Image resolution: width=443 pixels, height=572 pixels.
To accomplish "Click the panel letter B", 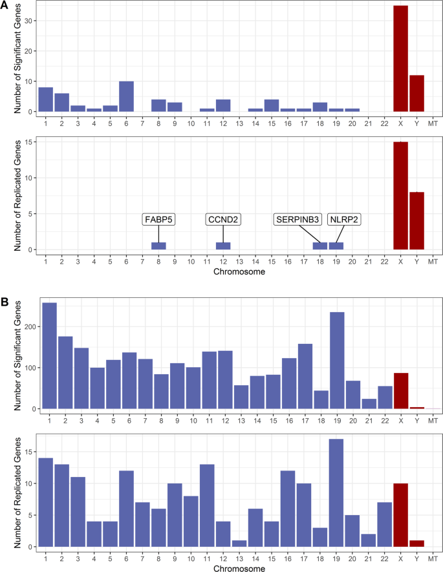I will point(6,302).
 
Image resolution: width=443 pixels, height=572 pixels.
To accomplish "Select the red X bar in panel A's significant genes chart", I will point(400,59).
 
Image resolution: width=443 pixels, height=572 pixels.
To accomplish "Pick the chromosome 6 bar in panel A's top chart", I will point(126,96).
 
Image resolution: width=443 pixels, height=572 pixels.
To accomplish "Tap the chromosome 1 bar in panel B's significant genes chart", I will point(49,355).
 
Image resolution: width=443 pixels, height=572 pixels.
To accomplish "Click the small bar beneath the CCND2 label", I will point(223,246).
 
